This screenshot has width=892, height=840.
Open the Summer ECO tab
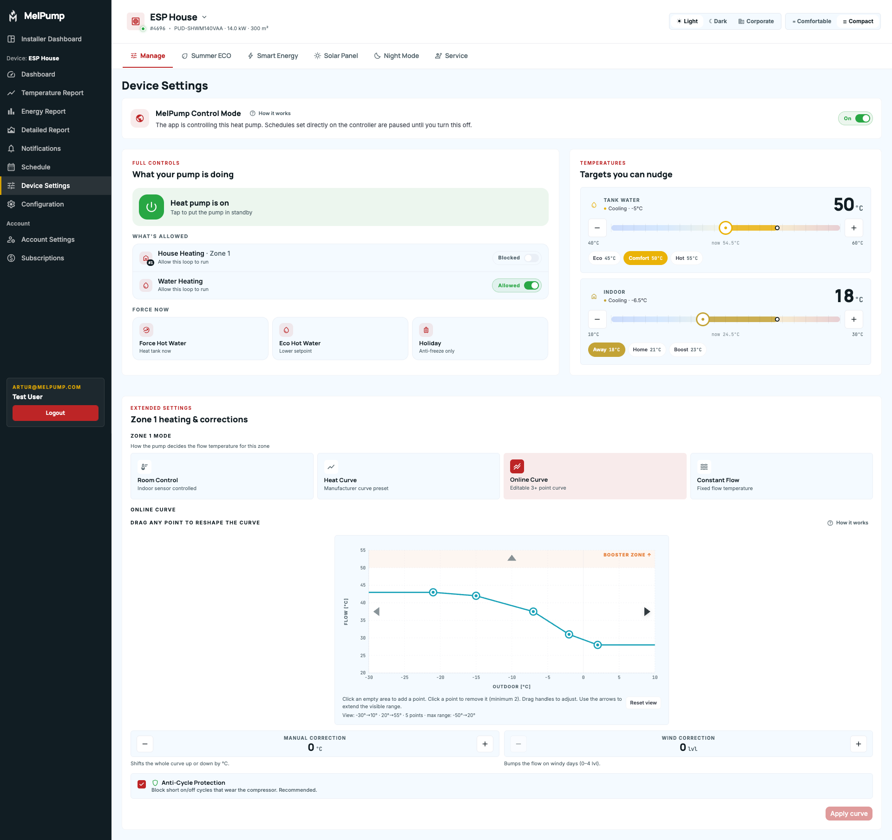click(206, 56)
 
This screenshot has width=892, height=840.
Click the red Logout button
click(55, 413)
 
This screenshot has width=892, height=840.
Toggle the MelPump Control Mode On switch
click(862, 118)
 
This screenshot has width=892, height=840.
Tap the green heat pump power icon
click(151, 207)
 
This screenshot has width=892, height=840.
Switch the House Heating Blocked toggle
click(531, 258)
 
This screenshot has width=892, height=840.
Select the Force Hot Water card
click(200, 339)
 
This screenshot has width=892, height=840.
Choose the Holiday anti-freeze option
click(480, 339)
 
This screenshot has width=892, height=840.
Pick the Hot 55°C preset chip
click(686, 258)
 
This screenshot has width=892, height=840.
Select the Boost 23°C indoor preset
click(688, 349)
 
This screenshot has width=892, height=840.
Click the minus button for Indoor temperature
click(597, 319)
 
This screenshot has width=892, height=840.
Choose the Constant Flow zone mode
click(781, 476)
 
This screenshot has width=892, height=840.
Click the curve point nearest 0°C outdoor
click(598, 645)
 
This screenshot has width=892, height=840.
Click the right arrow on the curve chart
click(647, 612)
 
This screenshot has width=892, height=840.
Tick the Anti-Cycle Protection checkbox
click(142, 784)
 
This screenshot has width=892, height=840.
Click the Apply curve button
click(849, 814)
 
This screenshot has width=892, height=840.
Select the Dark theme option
click(718, 21)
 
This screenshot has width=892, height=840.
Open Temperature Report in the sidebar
click(52, 93)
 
